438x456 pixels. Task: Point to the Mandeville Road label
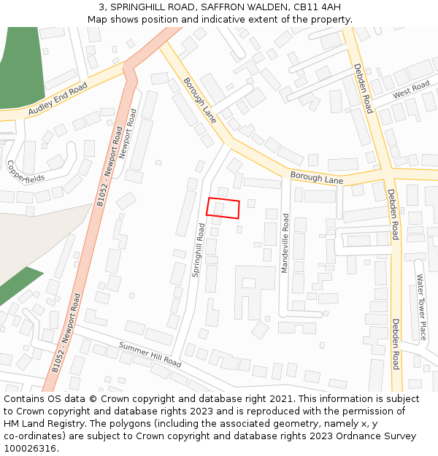pos(285,243)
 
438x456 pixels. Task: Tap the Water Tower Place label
pos(420,307)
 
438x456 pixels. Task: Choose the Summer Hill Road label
pos(150,354)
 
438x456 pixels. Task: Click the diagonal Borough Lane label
pos(199,100)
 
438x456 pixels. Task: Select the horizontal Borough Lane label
pos(316,177)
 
